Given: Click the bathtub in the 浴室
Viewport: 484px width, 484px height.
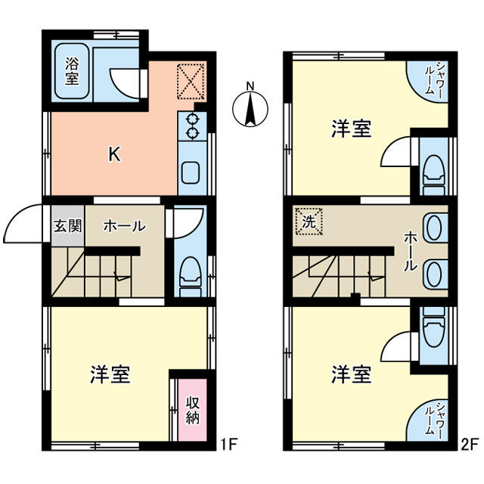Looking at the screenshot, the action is (x=72, y=71).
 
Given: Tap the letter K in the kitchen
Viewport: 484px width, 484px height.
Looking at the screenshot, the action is (x=114, y=154).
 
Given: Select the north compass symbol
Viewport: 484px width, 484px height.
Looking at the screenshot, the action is (x=250, y=107).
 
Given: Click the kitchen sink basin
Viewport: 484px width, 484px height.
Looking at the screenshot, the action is (x=191, y=173).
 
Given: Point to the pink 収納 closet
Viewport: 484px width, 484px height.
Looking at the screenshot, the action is (x=192, y=410).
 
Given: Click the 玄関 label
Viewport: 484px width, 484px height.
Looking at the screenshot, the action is (x=67, y=226).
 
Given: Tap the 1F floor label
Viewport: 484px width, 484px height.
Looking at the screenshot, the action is (x=228, y=445).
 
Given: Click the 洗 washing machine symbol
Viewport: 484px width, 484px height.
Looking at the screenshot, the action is (x=309, y=222).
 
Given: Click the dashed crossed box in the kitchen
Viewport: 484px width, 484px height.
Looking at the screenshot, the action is (x=191, y=82).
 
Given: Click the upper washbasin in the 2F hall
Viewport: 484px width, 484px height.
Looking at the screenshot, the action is (x=434, y=228).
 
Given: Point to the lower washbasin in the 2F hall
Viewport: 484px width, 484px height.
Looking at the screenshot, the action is (x=434, y=274).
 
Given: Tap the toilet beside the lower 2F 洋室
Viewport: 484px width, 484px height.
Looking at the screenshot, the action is (x=434, y=327).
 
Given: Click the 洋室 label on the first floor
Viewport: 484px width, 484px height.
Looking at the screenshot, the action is (x=110, y=374).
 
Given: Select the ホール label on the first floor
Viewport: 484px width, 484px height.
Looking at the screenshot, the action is (x=125, y=226).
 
